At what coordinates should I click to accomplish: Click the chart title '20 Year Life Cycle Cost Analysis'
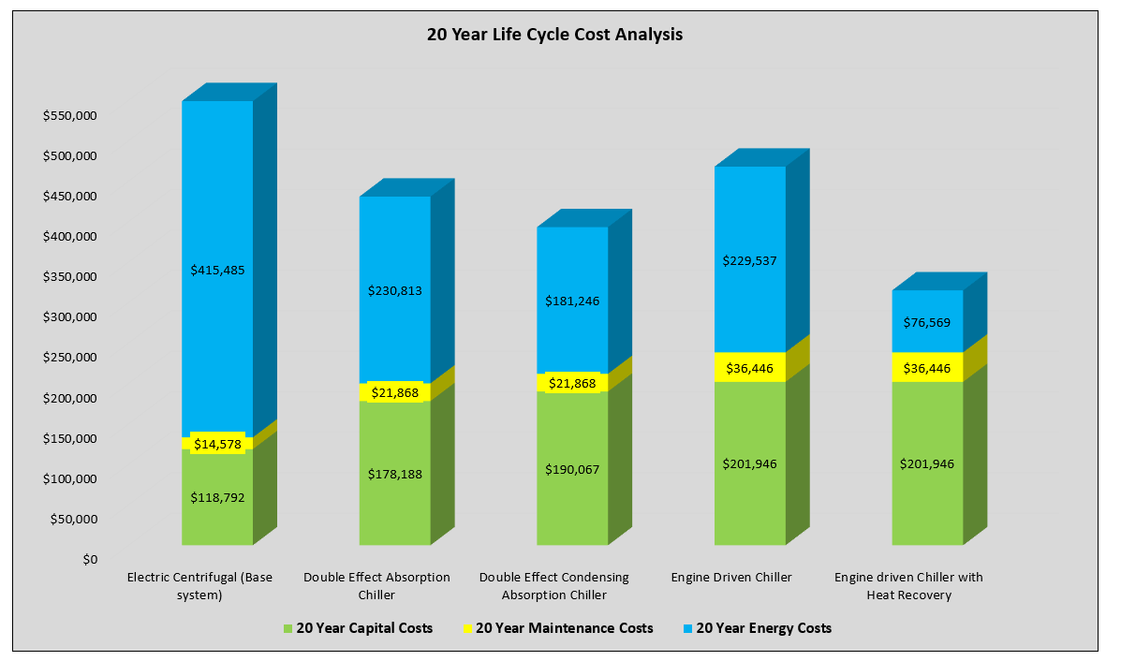pyautogui.click(x=554, y=36)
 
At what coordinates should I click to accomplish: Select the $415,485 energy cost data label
pyautogui.click(x=217, y=270)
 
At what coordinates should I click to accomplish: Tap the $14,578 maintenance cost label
pyautogui.click(x=217, y=443)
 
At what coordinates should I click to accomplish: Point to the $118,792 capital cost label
pyautogui.click(x=217, y=497)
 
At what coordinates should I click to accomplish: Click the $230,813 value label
pyautogui.click(x=395, y=290)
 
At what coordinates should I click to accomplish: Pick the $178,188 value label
pyautogui.click(x=395, y=474)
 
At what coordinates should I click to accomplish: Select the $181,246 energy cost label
pyautogui.click(x=572, y=301)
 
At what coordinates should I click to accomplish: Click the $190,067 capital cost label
pyautogui.click(x=572, y=468)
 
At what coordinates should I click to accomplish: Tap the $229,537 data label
pyautogui.click(x=750, y=260)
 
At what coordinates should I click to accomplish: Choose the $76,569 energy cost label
pyautogui.click(x=927, y=321)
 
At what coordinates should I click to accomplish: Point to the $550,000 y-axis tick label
pyautogui.click(x=71, y=116)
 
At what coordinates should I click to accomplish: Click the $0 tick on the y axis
pyautogui.click(x=89, y=560)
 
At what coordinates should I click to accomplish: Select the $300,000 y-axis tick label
pyautogui.click(x=71, y=317)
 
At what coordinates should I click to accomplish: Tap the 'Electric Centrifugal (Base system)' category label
pyautogui.click(x=200, y=585)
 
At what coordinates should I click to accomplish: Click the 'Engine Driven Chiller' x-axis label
pyautogui.click(x=731, y=577)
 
